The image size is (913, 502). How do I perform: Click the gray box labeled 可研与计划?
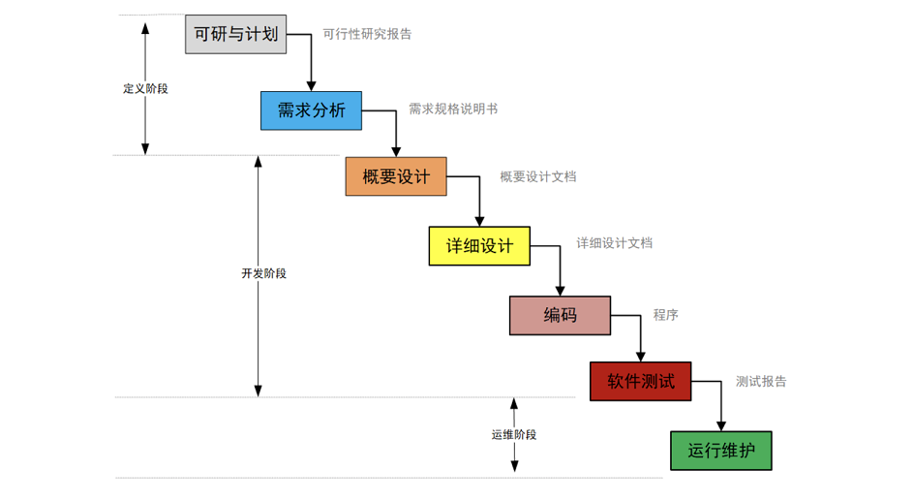[236, 34]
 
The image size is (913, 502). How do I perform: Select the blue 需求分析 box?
[311, 110]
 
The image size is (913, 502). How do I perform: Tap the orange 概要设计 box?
[396, 176]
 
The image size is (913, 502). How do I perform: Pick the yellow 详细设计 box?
[479, 246]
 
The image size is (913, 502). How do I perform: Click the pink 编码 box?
[561, 315]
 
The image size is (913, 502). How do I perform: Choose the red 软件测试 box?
[641, 381]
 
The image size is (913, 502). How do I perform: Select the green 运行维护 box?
[721, 451]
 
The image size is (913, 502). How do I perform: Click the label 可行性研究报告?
[367, 34]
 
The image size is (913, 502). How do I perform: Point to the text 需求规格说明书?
[453, 110]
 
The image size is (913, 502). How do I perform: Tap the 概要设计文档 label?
[538, 176]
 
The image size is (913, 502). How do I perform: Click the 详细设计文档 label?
[614, 243]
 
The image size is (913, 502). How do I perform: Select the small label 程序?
[665, 315]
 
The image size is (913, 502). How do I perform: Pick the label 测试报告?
[761, 381]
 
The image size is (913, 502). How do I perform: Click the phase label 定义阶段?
[145, 88]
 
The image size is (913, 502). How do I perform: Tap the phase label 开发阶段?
[263, 273]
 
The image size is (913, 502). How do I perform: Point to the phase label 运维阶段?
[514, 434]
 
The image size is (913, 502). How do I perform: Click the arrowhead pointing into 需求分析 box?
[311, 87]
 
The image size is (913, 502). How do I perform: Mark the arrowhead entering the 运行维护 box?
[721, 426]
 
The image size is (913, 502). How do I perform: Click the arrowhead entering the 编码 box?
[561, 292]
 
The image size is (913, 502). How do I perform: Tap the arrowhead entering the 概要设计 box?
[396, 152]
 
